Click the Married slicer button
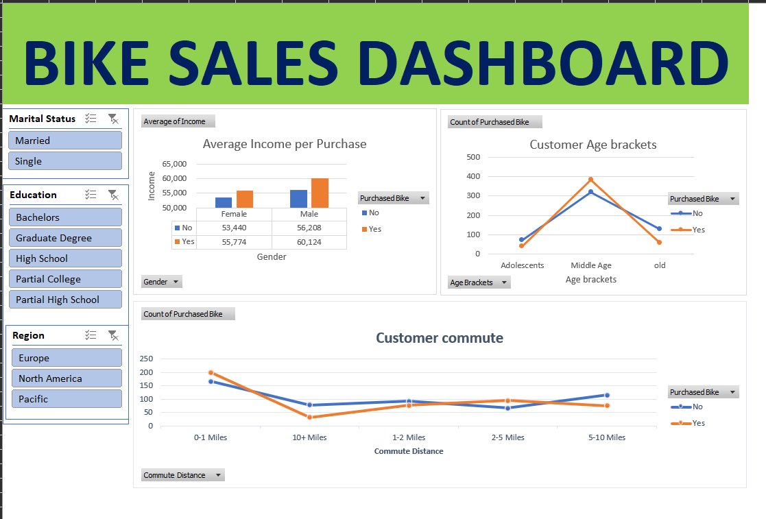point(64,141)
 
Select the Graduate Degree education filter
point(64,238)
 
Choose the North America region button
point(66,378)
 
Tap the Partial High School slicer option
point(64,300)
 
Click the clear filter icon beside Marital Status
point(113,119)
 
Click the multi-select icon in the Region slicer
point(91,335)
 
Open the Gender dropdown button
point(161,282)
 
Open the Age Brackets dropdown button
point(479,282)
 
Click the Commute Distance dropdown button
point(182,475)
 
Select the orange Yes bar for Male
point(320,193)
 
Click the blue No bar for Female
point(224,202)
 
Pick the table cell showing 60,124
point(309,242)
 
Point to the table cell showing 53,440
point(234,228)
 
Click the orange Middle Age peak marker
point(590,180)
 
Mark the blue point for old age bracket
point(659,229)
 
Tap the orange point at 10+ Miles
point(309,417)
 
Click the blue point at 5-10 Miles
point(607,395)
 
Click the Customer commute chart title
point(439,338)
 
